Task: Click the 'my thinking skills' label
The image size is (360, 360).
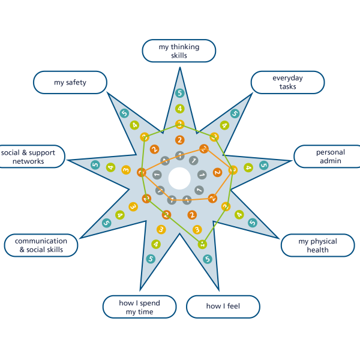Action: click(x=179, y=51)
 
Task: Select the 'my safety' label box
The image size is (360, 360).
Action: click(x=70, y=83)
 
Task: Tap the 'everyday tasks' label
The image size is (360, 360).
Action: click(x=287, y=83)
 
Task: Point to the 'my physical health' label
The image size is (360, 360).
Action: click(x=317, y=245)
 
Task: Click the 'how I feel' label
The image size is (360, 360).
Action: click(x=223, y=307)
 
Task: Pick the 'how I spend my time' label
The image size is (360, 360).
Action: click(x=139, y=307)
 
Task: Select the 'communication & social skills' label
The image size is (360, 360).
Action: click(x=41, y=245)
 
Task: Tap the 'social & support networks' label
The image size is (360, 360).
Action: click(x=30, y=157)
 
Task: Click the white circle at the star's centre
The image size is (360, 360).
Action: click(x=179, y=178)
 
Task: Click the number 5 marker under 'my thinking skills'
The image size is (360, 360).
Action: click(x=179, y=93)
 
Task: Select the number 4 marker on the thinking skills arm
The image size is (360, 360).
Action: click(x=179, y=109)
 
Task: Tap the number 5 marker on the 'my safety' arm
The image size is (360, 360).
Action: click(x=124, y=113)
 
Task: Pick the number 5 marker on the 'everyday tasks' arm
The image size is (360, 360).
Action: click(x=235, y=113)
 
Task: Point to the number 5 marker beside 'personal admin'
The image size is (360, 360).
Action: click(x=263, y=165)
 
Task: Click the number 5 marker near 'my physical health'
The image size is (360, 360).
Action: click(x=253, y=223)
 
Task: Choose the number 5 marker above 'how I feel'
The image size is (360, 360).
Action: click(x=208, y=259)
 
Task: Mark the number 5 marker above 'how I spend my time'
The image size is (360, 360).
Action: click(x=151, y=259)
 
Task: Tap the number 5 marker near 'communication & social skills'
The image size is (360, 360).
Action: click(x=106, y=223)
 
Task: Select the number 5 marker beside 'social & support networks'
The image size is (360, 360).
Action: click(x=95, y=165)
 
